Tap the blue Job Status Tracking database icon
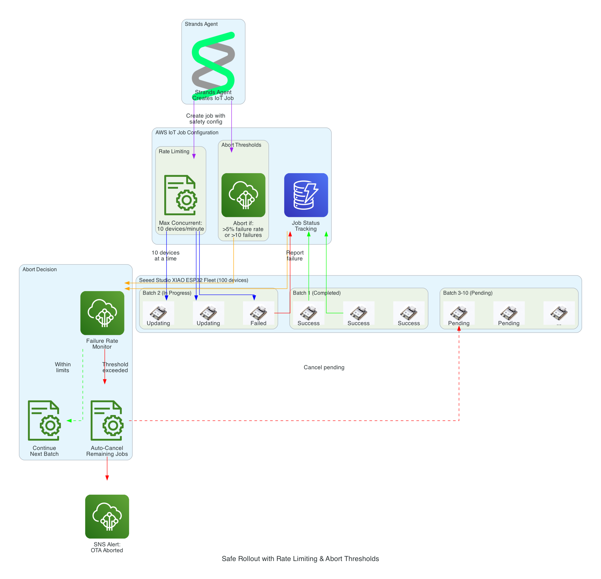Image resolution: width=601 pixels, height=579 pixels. (x=306, y=195)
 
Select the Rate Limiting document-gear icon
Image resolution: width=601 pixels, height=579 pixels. (x=180, y=195)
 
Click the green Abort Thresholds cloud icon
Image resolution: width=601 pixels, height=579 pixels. (x=243, y=195)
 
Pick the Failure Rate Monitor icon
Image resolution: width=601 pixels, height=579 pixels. (x=102, y=313)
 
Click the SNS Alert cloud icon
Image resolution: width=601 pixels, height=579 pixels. (x=107, y=516)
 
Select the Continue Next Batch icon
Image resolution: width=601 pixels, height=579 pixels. (x=44, y=421)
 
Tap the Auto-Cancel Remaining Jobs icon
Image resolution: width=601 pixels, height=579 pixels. (x=107, y=421)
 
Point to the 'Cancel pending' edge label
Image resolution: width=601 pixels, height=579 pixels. (x=324, y=367)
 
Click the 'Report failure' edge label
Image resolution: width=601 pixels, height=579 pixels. (x=295, y=256)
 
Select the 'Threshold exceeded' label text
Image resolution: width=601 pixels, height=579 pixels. (x=115, y=367)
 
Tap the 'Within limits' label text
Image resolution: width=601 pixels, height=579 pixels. (x=62, y=367)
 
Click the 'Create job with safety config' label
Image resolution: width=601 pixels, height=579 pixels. (x=205, y=119)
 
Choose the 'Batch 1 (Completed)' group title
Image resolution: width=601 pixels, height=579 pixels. (x=317, y=293)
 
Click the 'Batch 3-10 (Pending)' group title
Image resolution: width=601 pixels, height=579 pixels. (x=467, y=293)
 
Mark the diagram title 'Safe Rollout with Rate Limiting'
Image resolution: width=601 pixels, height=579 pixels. (x=300, y=559)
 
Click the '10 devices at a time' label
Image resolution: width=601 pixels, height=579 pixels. (x=165, y=256)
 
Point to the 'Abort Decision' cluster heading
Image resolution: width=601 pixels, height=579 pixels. (x=40, y=269)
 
